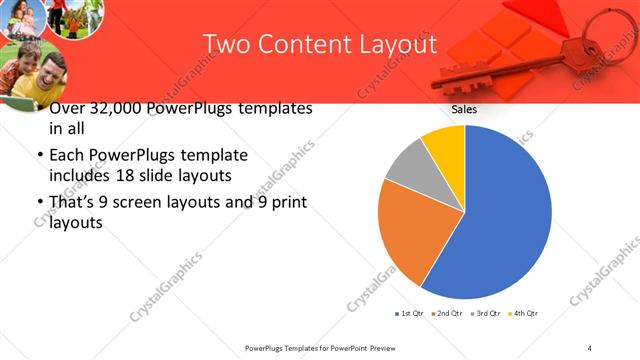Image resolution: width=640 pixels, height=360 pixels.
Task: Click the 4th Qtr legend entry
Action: click(526, 314)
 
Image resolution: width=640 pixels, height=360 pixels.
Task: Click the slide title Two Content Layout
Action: click(319, 45)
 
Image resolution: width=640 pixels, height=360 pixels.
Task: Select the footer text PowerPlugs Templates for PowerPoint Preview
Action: click(324, 347)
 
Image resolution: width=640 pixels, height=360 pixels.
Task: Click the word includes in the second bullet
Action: click(79, 176)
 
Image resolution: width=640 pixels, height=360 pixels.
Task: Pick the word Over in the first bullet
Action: click(67, 108)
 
